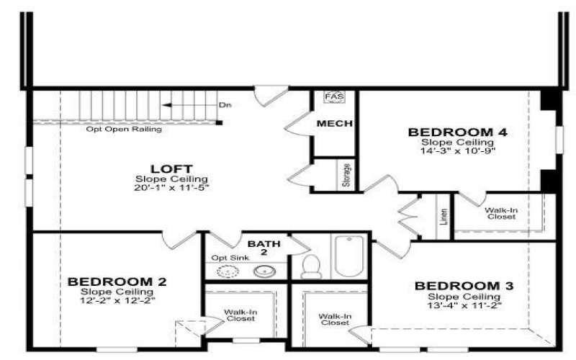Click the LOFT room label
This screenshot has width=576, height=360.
(x=171, y=169)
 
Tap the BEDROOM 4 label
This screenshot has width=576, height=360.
(x=458, y=132)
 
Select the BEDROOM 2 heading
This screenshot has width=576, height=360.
(x=117, y=282)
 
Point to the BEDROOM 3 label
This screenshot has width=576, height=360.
(x=464, y=286)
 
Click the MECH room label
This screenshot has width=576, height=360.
(x=335, y=123)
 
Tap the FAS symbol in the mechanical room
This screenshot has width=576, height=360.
(x=335, y=96)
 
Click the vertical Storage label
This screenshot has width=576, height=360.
(x=346, y=175)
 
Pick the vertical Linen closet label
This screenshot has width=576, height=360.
(x=444, y=217)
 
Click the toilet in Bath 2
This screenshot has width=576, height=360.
(x=311, y=266)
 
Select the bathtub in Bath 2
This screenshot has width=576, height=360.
(x=349, y=256)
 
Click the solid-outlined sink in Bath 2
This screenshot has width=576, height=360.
(x=264, y=271)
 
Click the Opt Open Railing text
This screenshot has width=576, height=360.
(x=124, y=130)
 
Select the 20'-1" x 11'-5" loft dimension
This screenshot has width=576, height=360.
(x=171, y=188)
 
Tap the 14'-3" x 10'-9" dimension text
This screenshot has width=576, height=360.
(x=458, y=150)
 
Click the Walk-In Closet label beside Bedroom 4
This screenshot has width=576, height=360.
(x=501, y=213)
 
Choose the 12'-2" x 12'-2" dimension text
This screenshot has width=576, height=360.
(x=117, y=300)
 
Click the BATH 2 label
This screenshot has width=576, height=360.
(x=264, y=248)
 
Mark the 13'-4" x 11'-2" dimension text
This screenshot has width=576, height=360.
(x=464, y=305)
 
